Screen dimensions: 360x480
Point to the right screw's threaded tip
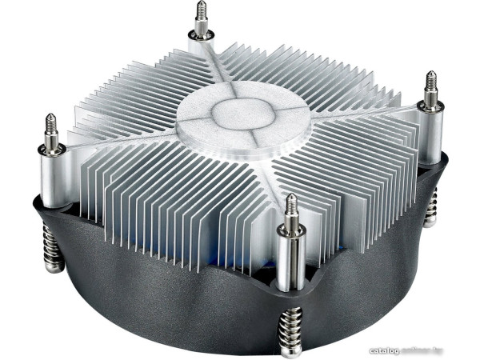pyautogui.click(x=431, y=79)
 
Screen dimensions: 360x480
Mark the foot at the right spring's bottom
pyautogui.click(x=432, y=224)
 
